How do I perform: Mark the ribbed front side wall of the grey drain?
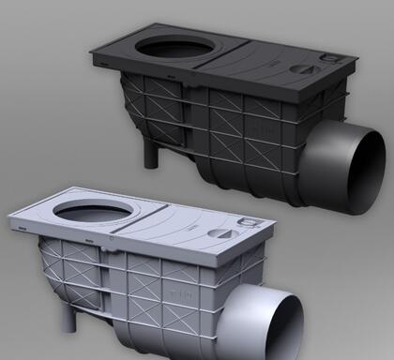coord(178,300)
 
